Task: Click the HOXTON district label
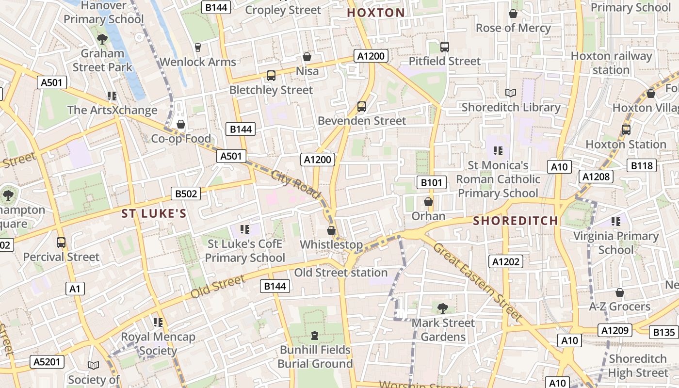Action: pyautogui.click(x=376, y=13)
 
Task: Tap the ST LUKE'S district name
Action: pyautogui.click(x=154, y=214)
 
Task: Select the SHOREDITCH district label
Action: pyautogui.click(x=516, y=221)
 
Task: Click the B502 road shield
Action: pyautogui.click(x=186, y=194)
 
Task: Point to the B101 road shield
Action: pyautogui.click(x=431, y=183)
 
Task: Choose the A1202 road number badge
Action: pyautogui.click(x=506, y=262)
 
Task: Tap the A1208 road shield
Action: pyautogui.click(x=596, y=177)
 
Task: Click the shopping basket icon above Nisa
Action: pyautogui.click(x=307, y=57)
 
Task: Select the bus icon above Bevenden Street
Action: pyautogui.click(x=362, y=106)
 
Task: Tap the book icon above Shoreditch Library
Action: pyautogui.click(x=510, y=93)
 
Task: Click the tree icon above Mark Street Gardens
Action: pyautogui.click(x=442, y=308)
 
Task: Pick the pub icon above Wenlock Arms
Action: pyautogui.click(x=197, y=47)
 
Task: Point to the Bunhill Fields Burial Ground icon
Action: pyautogui.click(x=315, y=335)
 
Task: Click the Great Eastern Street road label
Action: pyautogui.click(x=478, y=283)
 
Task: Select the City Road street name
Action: pyautogui.click(x=296, y=185)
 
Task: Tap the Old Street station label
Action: pyautogui.click(x=340, y=273)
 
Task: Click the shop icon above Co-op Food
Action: pyautogui.click(x=181, y=125)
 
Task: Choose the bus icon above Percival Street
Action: pyautogui.click(x=61, y=242)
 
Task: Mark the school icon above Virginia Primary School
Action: pyautogui.click(x=616, y=222)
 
